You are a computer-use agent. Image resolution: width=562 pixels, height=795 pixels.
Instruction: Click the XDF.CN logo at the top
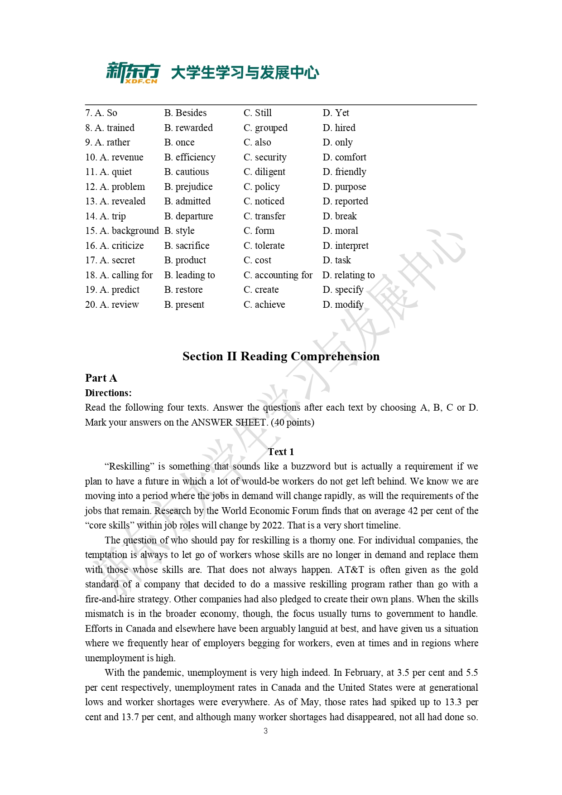[x=133, y=73]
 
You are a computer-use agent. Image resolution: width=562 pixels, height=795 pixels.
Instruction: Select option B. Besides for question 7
[x=185, y=113]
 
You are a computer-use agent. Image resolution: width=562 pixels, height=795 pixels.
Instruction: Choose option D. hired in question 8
[x=339, y=128]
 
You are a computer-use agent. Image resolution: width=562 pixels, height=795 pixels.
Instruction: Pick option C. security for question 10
[x=264, y=157]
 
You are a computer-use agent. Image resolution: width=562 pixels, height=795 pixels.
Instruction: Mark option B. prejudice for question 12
[x=188, y=187]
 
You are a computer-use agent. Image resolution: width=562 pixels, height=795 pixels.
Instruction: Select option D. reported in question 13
[x=345, y=201]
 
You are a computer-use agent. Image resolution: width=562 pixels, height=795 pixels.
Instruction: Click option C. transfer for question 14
[x=264, y=216]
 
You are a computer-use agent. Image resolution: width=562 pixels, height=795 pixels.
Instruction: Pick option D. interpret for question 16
[x=346, y=246]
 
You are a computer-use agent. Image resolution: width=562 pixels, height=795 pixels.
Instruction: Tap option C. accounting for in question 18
[x=278, y=275]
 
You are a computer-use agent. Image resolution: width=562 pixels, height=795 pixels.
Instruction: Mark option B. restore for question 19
[x=183, y=290]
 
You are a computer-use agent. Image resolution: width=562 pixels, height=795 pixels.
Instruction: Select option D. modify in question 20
[x=343, y=305]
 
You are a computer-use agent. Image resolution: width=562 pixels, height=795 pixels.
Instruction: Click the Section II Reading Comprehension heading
[x=281, y=356]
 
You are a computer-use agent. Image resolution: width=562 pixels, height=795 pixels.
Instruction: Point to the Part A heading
[x=101, y=378]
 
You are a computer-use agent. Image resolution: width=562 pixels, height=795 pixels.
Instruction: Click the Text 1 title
[x=281, y=452]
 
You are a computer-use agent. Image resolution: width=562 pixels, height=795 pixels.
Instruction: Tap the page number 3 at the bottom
[x=265, y=731]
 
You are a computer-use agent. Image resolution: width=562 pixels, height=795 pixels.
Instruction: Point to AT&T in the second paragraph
[x=351, y=570]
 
